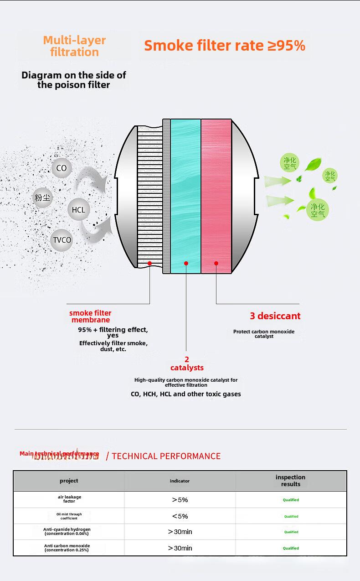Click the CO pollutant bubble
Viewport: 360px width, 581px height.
[62, 168]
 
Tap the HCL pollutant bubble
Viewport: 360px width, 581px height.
[78, 210]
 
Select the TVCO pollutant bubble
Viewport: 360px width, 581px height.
[62, 240]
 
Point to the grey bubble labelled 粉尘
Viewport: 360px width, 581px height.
[42, 197]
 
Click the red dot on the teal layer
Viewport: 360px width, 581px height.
[186, 264]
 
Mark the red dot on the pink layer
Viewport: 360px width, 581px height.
[216, 264]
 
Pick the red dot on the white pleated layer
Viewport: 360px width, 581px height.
[149, 264]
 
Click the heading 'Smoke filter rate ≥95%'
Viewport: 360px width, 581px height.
[225, 46]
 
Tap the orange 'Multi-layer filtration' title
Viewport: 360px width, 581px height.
[74, 46]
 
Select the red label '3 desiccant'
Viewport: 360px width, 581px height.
[275, 316]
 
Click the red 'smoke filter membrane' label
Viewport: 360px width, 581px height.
[90, 316]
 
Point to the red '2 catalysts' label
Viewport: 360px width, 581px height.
[187, 363]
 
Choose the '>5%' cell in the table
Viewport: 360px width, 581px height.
[180, 500]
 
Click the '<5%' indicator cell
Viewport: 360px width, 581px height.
[180, 516]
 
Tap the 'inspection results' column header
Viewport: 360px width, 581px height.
[290, 481]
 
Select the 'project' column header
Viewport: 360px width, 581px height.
[69, 481]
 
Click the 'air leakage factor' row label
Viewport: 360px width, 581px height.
[69, 499]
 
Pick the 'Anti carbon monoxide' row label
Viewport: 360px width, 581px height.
[67, 548]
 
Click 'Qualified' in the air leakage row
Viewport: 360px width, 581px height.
[291, 500]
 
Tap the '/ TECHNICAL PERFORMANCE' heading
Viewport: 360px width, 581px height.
[163, 456]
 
